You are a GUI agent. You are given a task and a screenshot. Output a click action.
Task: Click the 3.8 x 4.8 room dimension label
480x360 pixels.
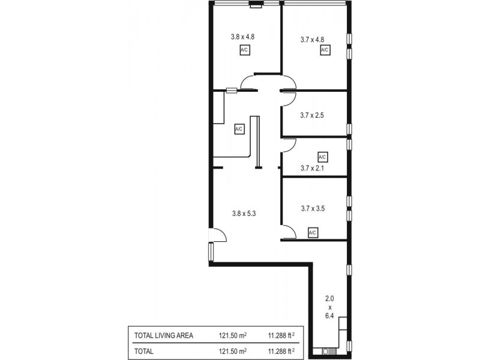coord(244,37)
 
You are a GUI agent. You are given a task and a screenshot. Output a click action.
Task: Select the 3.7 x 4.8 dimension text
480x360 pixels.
coord(313,40)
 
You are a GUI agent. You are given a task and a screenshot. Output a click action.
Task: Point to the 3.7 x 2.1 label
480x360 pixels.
coord(313,168)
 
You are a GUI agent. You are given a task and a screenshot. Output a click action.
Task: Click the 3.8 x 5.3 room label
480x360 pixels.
coord(244,212)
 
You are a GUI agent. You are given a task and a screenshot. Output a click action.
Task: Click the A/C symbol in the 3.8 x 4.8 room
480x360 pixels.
coord(244,51)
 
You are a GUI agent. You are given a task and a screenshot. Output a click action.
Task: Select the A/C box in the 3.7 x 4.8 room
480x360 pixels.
coord(324,51)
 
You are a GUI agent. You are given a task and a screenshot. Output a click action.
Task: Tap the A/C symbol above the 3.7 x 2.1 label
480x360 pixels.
coord(322,157)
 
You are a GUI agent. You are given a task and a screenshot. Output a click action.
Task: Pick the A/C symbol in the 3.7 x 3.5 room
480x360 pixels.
coord(312,232)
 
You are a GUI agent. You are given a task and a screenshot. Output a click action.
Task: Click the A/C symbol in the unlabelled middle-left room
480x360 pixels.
coord(238,129)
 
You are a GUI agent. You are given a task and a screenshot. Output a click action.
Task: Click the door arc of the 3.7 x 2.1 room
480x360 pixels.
coord(289,145)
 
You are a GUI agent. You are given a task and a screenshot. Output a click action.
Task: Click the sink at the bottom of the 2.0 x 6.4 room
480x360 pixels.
coord(328,351)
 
